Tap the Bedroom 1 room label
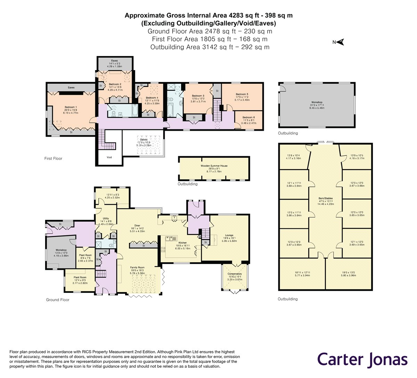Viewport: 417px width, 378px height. point(71,107)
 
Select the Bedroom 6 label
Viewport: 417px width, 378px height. point(248,118)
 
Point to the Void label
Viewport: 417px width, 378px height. point(109,157)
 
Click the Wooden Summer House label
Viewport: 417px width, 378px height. point(214,166)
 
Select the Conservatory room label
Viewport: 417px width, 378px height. point(235,274)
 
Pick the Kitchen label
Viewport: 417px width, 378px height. point(182,243)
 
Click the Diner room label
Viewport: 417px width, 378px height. point(137,225)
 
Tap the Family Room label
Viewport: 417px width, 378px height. point(137,267)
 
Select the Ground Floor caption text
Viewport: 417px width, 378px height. point(58,300)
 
